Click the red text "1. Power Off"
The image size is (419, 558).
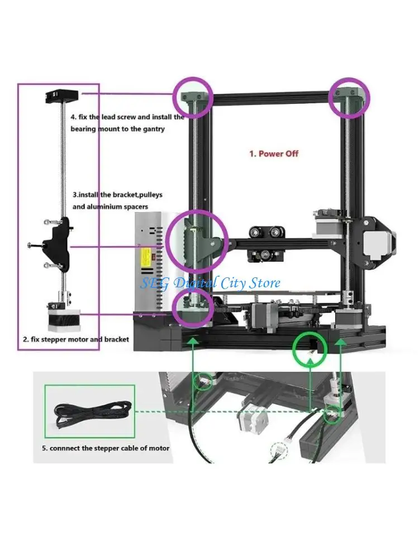pyautogui.click(x=274, y=153)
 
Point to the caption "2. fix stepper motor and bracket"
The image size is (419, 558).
pyautogui.click(x=75, y=339)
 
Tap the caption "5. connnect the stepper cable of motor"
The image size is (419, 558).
pyautogui.click(x=106, y=448)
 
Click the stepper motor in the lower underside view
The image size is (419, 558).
pyautogui.click(x=251, y=419)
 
